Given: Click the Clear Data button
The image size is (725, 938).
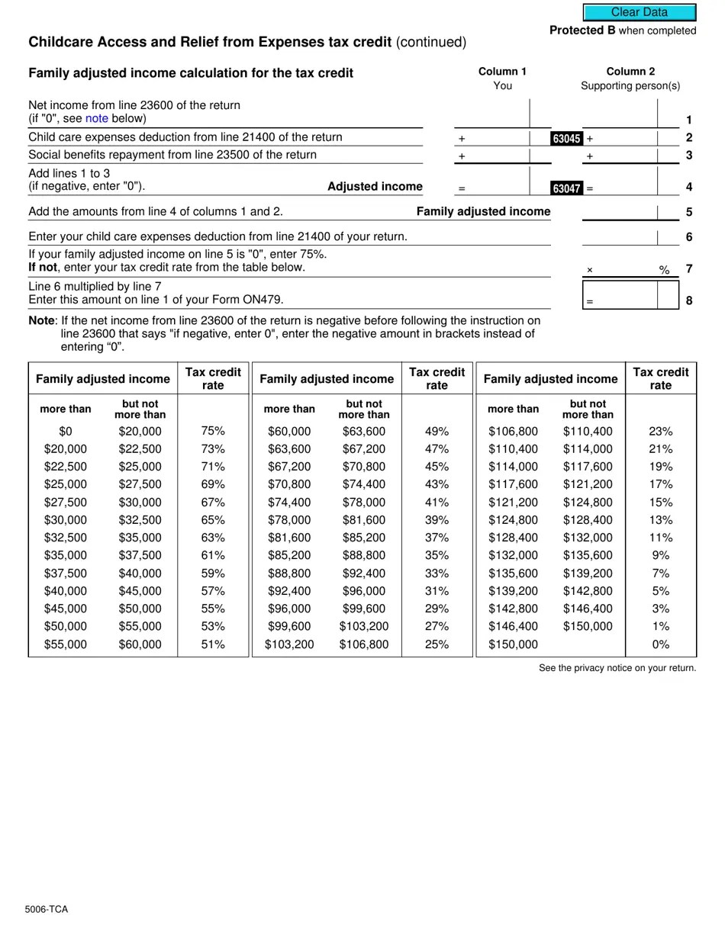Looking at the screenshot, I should pyautogui.click(x=639, y=12).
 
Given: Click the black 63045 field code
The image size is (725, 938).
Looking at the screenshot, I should pyautogui.click(x=566, y=139).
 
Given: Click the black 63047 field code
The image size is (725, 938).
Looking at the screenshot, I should pyautogui.click(x=566, y=188).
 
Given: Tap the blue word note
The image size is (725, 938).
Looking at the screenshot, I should pyautogui.click(x=97, y=118).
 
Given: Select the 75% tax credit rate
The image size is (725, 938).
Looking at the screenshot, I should pyautogui.click(x=213, y=431).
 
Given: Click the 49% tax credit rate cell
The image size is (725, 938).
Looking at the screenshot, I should pyautogui.click(x=437, y=431).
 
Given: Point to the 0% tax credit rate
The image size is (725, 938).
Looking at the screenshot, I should pyautogui.click(x=660, y=644).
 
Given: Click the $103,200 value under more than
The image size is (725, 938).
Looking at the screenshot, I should pyautogui.click(x=289, y=644).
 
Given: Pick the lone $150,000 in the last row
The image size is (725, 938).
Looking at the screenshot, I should pyautogui.click(x=513, y=644).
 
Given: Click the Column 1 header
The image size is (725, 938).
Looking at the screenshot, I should pyautogui.click(x=502, y=71).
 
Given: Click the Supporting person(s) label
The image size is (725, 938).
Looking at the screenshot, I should pyautogui.click(x=630, y=85).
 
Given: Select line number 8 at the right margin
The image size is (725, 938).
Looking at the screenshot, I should pyautogui.click(x=688, y=300).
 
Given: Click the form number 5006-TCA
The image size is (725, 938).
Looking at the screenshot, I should pyautogui.click(x=46, y=909).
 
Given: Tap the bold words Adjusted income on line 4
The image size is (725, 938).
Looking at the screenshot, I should pyautogui.click(x=375, y=186).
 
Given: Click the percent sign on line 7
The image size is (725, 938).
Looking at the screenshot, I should pyautogui.click(x=664, y=270).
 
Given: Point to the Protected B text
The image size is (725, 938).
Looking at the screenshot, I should pyautogui.click(x=582, y=31).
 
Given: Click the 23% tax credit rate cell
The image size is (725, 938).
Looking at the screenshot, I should pyautogui.click(x=660, y=431).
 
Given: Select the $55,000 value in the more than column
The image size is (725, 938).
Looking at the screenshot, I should pyautogui.click(x=66, y=644).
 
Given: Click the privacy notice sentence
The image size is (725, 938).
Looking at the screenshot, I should pyautogui.click(x=617, y=668).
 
